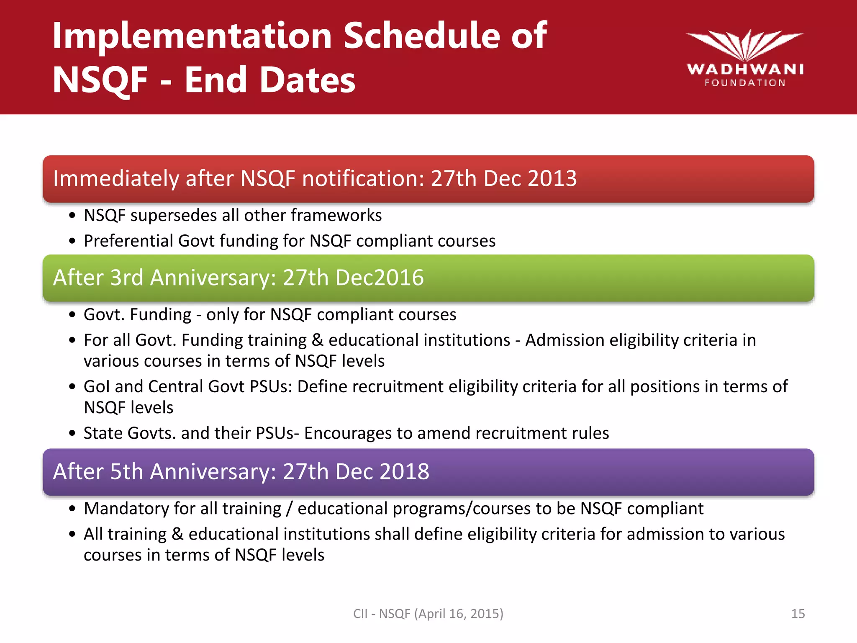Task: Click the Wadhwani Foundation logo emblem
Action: pyautogui.click(x=744, y=45)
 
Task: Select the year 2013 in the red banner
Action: pyautogui.click(x=552, y=178)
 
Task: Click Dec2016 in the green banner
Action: pyautogui.click(x=380, y=278)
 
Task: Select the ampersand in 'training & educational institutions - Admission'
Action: pyautogui.click(x=318, y=340)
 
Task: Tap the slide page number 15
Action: pyautogui.click(x=798, y=614)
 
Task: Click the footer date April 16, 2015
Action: pyautogui.click(x=459, y=614)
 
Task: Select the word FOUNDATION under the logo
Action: pyautogui.click(x=745, y=83)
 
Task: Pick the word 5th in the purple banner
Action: pyautogui.click(x=126, y=471)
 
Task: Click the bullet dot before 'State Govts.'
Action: pyautogui.click(x=72, y=433)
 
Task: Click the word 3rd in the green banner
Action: pyautogui.click(x=126, y=278)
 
